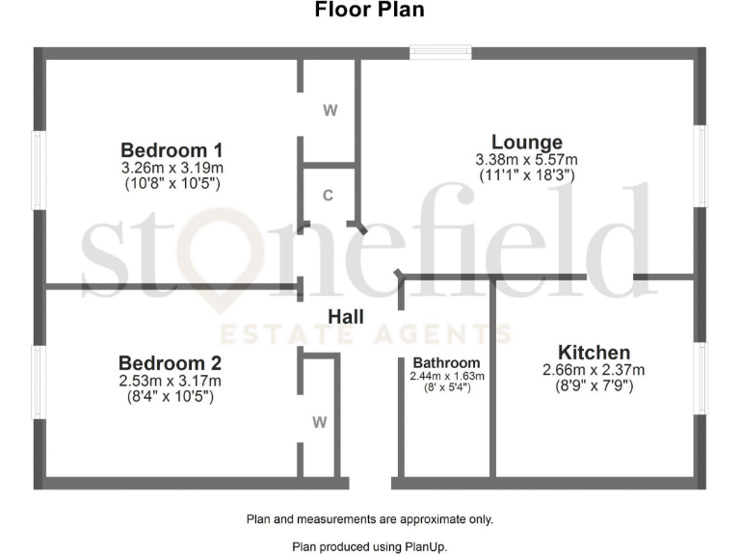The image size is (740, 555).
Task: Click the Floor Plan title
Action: tap(370, 11)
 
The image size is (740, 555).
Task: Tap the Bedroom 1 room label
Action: tap(172, 150)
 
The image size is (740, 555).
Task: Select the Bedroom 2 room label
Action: tap(170, 363)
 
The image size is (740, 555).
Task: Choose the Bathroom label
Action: tap(447, 363)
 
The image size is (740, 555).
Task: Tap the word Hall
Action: tap(346, 316)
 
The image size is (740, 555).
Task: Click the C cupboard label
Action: tap(328, 196)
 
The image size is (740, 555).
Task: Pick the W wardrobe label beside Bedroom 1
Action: tap(330, 110)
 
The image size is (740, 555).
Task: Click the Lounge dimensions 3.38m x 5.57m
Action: tap(526, 160)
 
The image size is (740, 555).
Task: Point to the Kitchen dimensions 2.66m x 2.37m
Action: tap(594, 370)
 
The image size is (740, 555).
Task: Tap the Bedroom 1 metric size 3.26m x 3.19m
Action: tap(172, 168)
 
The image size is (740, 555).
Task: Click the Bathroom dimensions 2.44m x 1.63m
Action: tap(447, 376)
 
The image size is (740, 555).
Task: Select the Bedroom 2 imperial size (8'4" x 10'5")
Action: tap(170, 395)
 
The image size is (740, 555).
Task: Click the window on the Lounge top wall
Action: tap(440, 53)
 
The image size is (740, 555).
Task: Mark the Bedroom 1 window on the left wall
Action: tap(40, 170)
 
